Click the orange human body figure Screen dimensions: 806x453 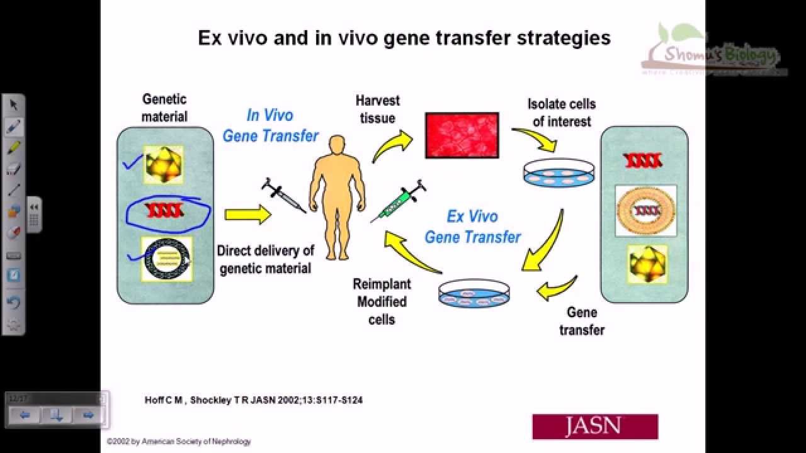coord(337,195)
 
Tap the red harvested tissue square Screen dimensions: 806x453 coord(462,135)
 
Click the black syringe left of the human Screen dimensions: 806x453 coord(284,196)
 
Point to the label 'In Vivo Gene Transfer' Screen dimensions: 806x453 coord(270,126)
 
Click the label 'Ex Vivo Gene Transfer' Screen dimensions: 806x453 coord(472,226)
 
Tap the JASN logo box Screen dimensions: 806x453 coord(595,426)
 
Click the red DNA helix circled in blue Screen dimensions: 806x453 coord(165,210)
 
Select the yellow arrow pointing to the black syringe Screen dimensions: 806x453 coord(247,215)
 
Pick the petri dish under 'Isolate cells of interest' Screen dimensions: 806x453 coord(559,171)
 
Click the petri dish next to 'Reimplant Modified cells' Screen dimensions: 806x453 coord(474,294)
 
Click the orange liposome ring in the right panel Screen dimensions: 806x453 coord(645,210)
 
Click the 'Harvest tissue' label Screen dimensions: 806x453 coord(377,109)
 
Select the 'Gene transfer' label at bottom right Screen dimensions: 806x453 coord(581,321)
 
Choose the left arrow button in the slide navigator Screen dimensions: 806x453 coord(25,415)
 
